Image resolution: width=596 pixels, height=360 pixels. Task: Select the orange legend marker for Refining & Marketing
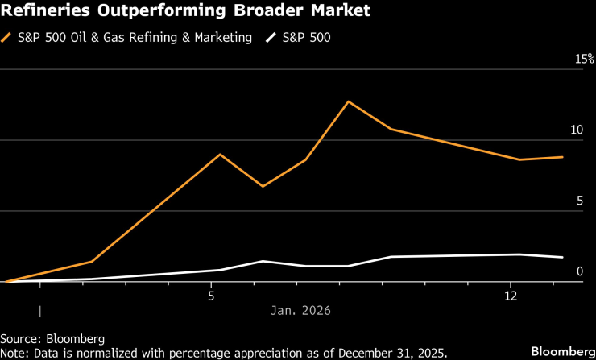click(8, 37)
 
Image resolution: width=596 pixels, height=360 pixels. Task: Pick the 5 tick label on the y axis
click(578, 201)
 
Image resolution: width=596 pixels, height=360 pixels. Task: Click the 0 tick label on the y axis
click(578, 271)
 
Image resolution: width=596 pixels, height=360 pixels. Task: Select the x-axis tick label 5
click(211, 296)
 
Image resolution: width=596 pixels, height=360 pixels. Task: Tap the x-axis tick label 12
click(511, 296)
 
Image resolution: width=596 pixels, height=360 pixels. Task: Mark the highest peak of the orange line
click(348, 101)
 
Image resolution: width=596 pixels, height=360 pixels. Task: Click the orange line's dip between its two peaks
click(263, 186)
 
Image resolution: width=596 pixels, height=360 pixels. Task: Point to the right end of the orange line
click(562, 157)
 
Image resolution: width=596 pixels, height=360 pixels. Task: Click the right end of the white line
click(562, 257)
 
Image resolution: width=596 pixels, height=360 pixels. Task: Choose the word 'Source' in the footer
click(19, 337)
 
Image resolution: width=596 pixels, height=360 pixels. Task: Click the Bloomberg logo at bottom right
click(561, 351)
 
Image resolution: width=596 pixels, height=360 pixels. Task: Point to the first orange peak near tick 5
click(220, 154)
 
